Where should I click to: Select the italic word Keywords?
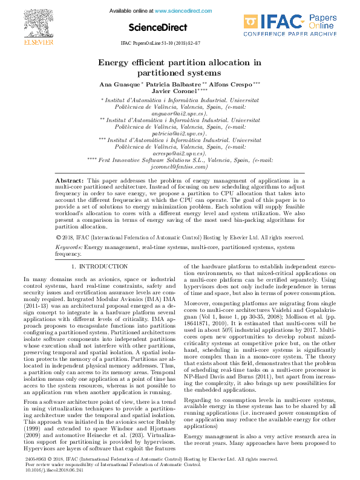tap(69, 247)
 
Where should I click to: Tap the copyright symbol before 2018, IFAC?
tap(58, 238)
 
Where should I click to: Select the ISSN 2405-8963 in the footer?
tap(36, 459)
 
